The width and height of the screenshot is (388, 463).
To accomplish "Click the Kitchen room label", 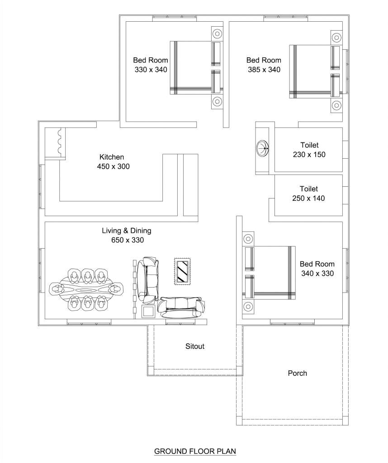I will point(112,157).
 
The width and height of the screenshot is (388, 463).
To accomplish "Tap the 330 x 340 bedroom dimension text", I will point(151,70).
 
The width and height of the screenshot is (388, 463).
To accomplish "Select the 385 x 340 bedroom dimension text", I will point(264,70).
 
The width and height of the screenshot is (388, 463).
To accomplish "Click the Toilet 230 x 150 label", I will point(309,150).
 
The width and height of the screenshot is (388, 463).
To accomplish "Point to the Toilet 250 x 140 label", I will point(308,194).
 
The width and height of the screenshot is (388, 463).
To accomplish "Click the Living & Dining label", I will point(126,231).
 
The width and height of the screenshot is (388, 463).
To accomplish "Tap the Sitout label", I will point(195,346).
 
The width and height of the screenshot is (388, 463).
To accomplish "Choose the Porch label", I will point(297,373).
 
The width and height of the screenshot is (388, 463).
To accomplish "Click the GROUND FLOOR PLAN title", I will point(195,451).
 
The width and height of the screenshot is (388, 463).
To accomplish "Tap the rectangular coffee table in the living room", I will point(183,271).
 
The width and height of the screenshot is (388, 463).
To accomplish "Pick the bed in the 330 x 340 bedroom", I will point(195,68).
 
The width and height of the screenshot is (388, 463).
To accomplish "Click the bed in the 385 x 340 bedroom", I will point(314,71).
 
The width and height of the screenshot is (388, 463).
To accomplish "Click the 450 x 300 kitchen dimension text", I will point(113,166).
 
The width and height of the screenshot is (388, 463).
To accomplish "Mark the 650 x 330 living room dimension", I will point(128,240).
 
